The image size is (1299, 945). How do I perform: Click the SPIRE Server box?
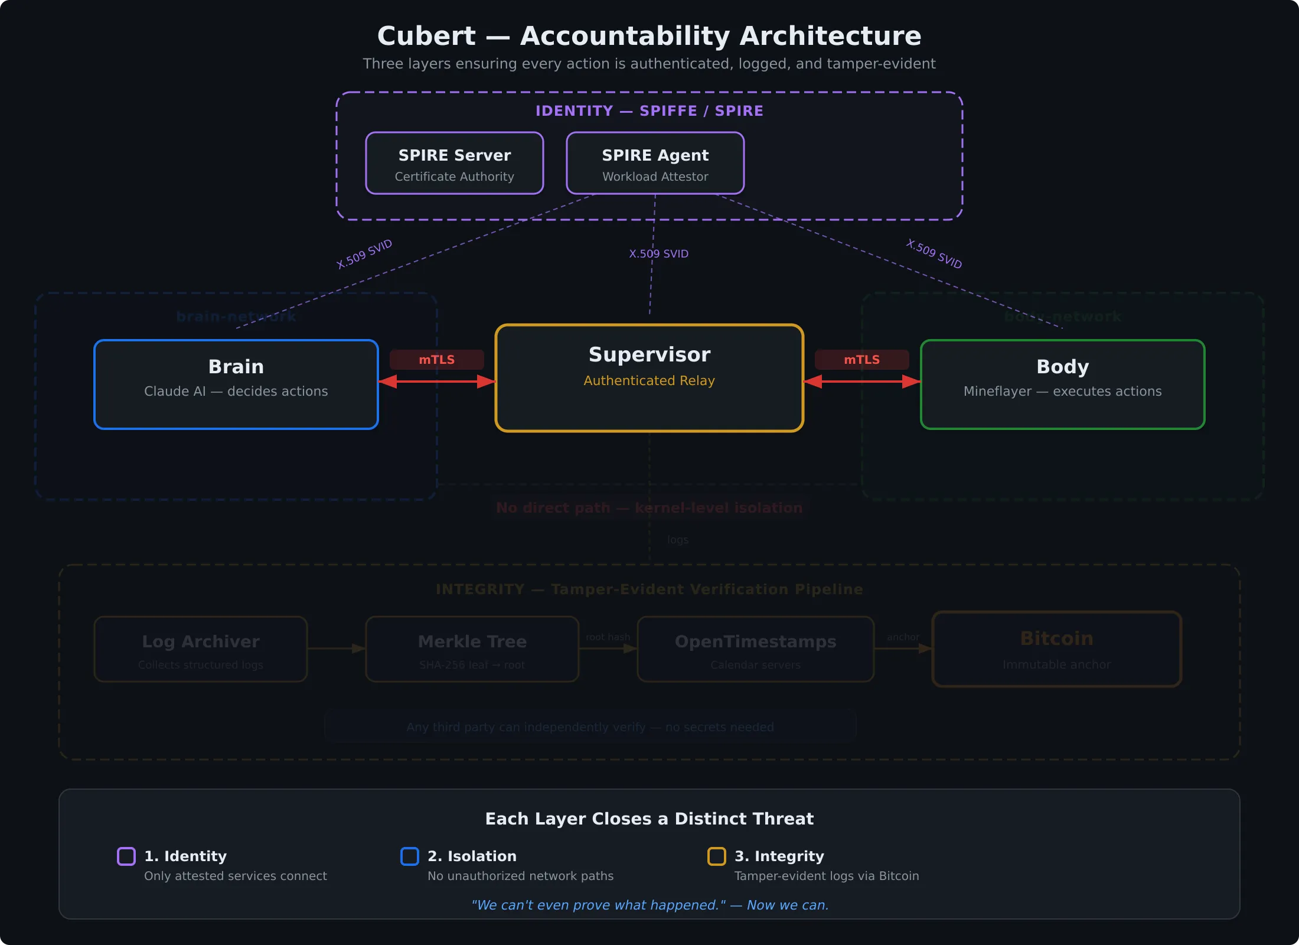click(x=454, y=163)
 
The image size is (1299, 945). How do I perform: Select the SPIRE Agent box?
click(x=655, y=163)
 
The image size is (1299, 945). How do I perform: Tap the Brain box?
click(x=236, y=384)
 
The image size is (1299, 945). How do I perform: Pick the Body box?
click(x=1062, y=384)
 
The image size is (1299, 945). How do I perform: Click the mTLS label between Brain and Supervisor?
click(x=436, y=360)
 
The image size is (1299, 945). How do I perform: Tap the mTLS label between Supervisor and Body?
click(x=861, y=360)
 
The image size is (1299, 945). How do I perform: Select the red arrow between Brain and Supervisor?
click(x=436, y=382)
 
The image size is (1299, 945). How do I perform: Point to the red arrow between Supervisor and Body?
click(x=861, y=382)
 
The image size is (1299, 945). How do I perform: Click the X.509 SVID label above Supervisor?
click(x=658, y=254)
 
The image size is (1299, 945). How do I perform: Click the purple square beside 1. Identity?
click(x=126, y=856)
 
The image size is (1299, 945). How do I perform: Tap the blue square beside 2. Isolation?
click(x=410, y=856)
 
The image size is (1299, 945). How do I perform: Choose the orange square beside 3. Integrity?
click(x=717, y=856)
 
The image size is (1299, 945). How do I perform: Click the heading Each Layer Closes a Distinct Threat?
click(x=649, y=819)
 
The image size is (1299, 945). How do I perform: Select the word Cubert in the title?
click(x=426, y=36)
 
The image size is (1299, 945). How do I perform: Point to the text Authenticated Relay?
click(x=649, y=381)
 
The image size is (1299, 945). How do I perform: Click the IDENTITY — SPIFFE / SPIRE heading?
click(x=649, y=111)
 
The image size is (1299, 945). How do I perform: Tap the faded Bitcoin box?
click(x=1056, y=649)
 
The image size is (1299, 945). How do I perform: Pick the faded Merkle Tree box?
click(x=472, y=649)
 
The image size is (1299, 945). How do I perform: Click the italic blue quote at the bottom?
click(x=649, y=905)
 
